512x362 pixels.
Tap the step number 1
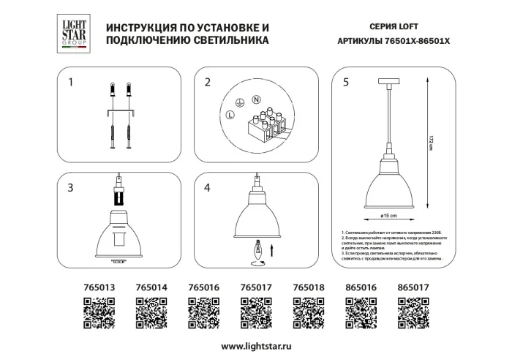pos(70,83)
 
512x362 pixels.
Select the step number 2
pos(207,83)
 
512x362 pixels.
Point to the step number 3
pos(70,188)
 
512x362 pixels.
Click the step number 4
pos(207,188)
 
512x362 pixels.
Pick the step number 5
pos(345,83)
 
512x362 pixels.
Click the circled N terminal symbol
pos(257,99)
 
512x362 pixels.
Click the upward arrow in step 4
pos(272,252)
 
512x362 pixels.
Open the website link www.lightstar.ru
pos(255,346)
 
